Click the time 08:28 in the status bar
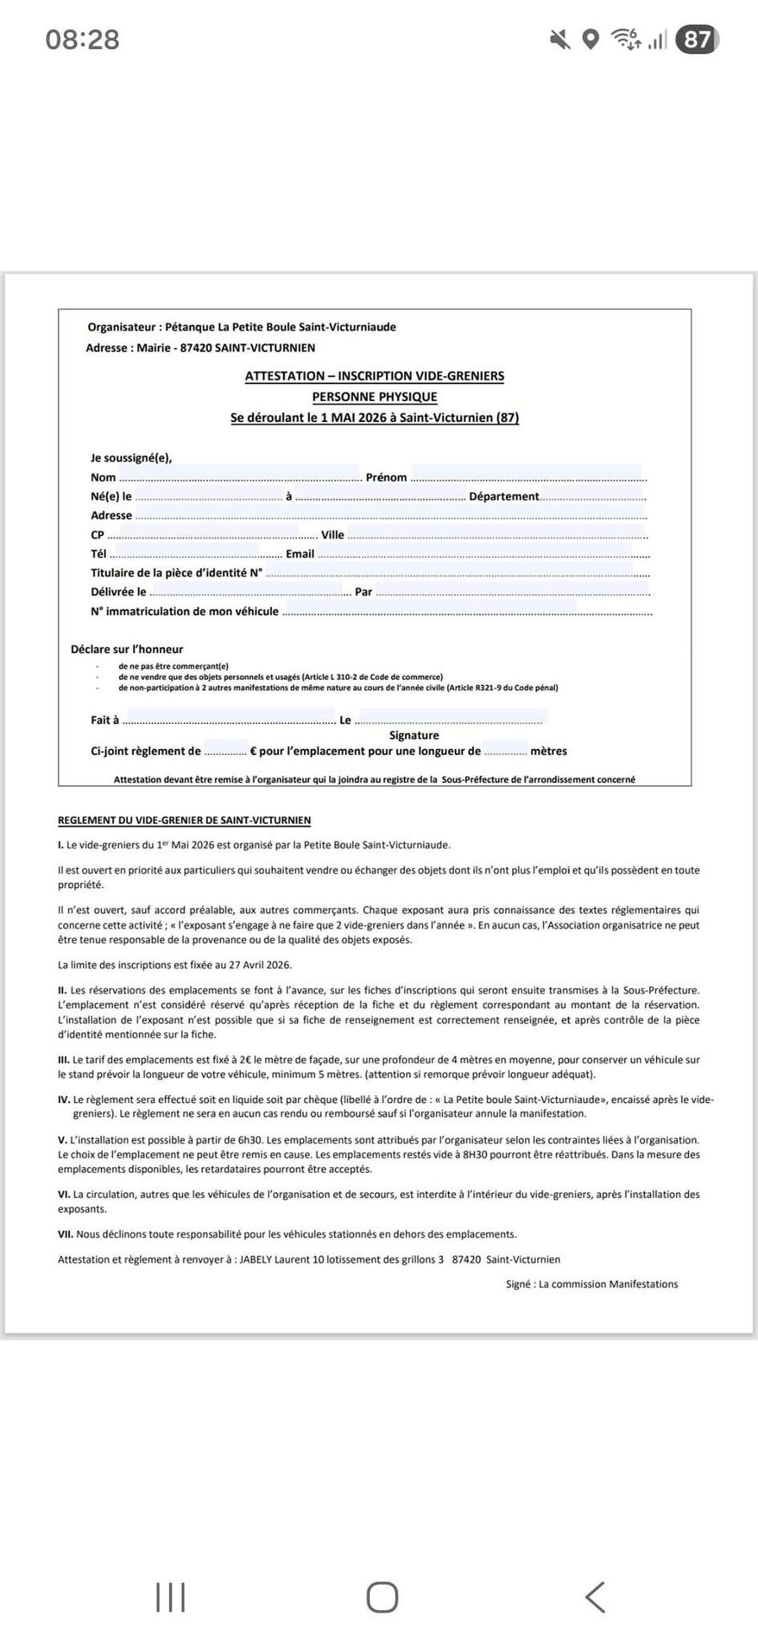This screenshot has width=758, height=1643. pos(83,40)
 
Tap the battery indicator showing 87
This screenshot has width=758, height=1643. pos(697,40)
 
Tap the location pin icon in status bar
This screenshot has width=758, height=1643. pos(591,40)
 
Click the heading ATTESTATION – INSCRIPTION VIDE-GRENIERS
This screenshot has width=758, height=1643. pos(374,377)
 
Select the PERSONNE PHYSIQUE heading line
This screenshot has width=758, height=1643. pos(374,397)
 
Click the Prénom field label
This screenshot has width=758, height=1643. pos(387,478)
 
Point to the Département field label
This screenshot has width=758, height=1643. pos(504,497)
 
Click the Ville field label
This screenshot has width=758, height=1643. pos(333,535)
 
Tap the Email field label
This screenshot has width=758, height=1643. pos(300,554)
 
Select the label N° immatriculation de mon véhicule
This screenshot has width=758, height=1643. pos(184,612)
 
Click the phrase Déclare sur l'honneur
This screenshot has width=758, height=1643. pos(126,650)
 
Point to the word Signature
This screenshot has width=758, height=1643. pos(414,736)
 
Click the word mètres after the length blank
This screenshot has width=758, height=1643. pos(548,752)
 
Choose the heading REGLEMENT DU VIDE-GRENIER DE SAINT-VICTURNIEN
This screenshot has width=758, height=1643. pos(184,821)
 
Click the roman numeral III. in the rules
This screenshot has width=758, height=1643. pos(64,1060)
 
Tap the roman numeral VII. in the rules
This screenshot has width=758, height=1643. pos(66,1234)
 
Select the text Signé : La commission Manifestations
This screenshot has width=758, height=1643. pos(591,1284)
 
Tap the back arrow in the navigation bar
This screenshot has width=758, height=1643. pos(595,1597)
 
